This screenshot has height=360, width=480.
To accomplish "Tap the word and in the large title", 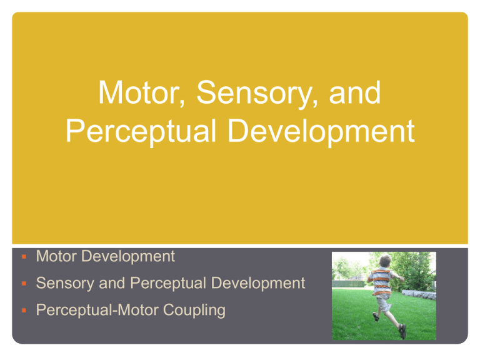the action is [355, 92].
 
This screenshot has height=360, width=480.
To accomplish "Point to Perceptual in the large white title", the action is [141, 131].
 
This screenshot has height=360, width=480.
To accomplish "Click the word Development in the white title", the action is [321, 131].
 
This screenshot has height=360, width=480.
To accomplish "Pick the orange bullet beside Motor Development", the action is [24, 256].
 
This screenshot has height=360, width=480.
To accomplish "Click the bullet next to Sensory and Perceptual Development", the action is [24, 284].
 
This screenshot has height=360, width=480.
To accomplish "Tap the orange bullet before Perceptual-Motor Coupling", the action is [24, 311].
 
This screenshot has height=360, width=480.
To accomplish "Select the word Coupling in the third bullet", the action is [194, 311].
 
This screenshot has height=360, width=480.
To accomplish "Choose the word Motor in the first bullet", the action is [56, 256].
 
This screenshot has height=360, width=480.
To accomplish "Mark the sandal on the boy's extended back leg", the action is [402, 331].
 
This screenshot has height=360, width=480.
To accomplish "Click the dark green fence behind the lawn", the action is [349, 284].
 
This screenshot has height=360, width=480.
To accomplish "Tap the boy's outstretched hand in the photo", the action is [401, 278].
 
